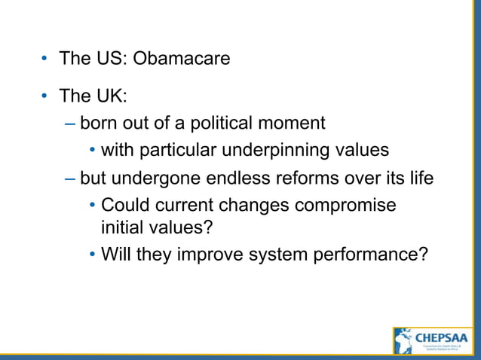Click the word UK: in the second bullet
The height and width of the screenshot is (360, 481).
pos(113,96)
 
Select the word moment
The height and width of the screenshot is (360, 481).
pos(296,123)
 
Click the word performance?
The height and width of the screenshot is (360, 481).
pos(367,255)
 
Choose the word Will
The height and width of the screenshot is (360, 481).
pos(116,254)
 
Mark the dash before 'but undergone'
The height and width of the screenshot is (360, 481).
pos(70,179)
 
